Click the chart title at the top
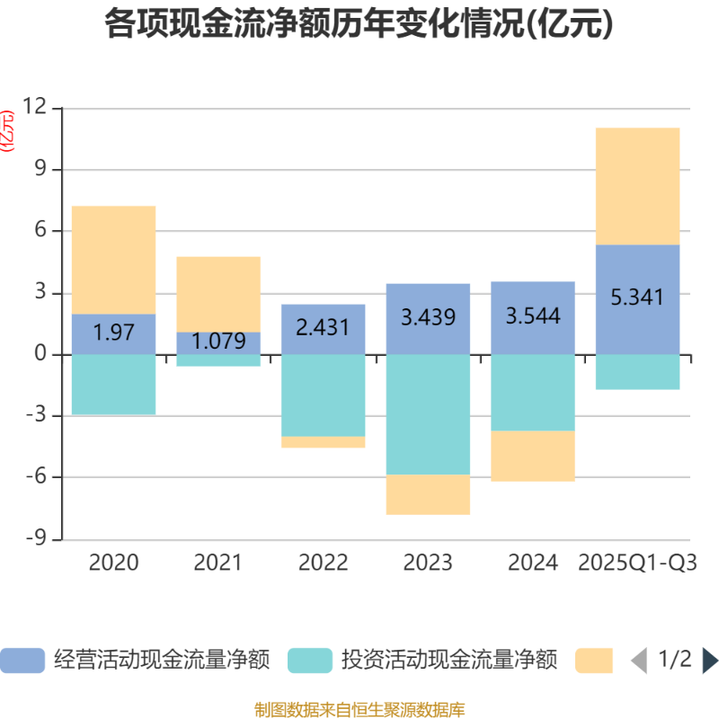(x=359, y=24)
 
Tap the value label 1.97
(x=113, y=333)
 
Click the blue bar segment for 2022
(x=323, y=328)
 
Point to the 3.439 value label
(x=428, y=318)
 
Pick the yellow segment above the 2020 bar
(x=113, y=259)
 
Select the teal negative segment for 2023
(x=428, y=413)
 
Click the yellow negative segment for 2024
(x=532, y=456)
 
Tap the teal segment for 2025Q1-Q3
(x=637, y=371)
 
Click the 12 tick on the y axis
(x=34, y=108)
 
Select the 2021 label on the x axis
(x=217, y=564)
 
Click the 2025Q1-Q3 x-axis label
(x=637, y=564)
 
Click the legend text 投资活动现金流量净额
(x=449, y=661)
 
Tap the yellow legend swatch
(x=594, y=661)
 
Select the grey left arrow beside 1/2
(x=638, y=661)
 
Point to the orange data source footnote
(x=359, y=709)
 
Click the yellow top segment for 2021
(x=218, y=294)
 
